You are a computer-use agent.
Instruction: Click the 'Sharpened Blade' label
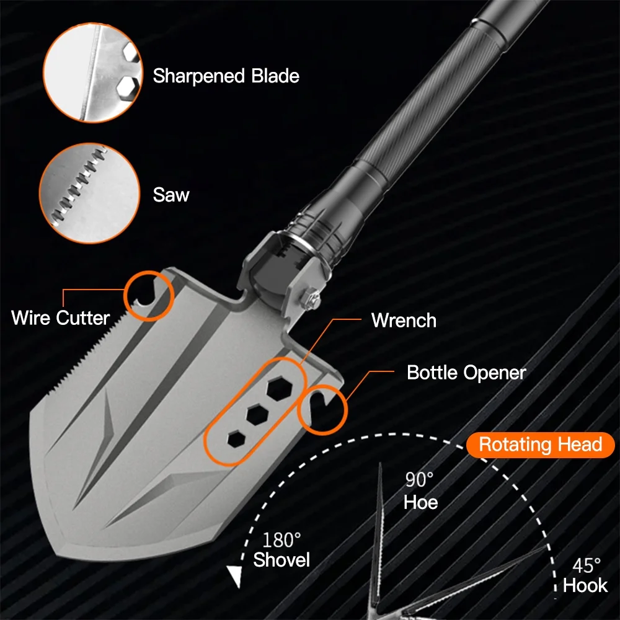[226, 76]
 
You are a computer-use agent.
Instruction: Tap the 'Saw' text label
[171, 195]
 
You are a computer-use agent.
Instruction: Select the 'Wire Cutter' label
[60, 318]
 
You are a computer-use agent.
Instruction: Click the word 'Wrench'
[404, 321]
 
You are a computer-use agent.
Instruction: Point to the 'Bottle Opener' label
[466, 373]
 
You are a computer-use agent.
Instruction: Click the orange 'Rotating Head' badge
[541, 445]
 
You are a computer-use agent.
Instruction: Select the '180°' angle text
[281, 540]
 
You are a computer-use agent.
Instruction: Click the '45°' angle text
[585, 565]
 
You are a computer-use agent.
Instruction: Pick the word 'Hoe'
[420, 502]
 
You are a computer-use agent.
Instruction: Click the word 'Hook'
[585, 586]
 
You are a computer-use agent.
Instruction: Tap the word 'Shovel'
[281, 560]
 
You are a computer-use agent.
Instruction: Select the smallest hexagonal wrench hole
[236, 440]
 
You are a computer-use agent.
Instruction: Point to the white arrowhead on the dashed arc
[234, 577]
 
